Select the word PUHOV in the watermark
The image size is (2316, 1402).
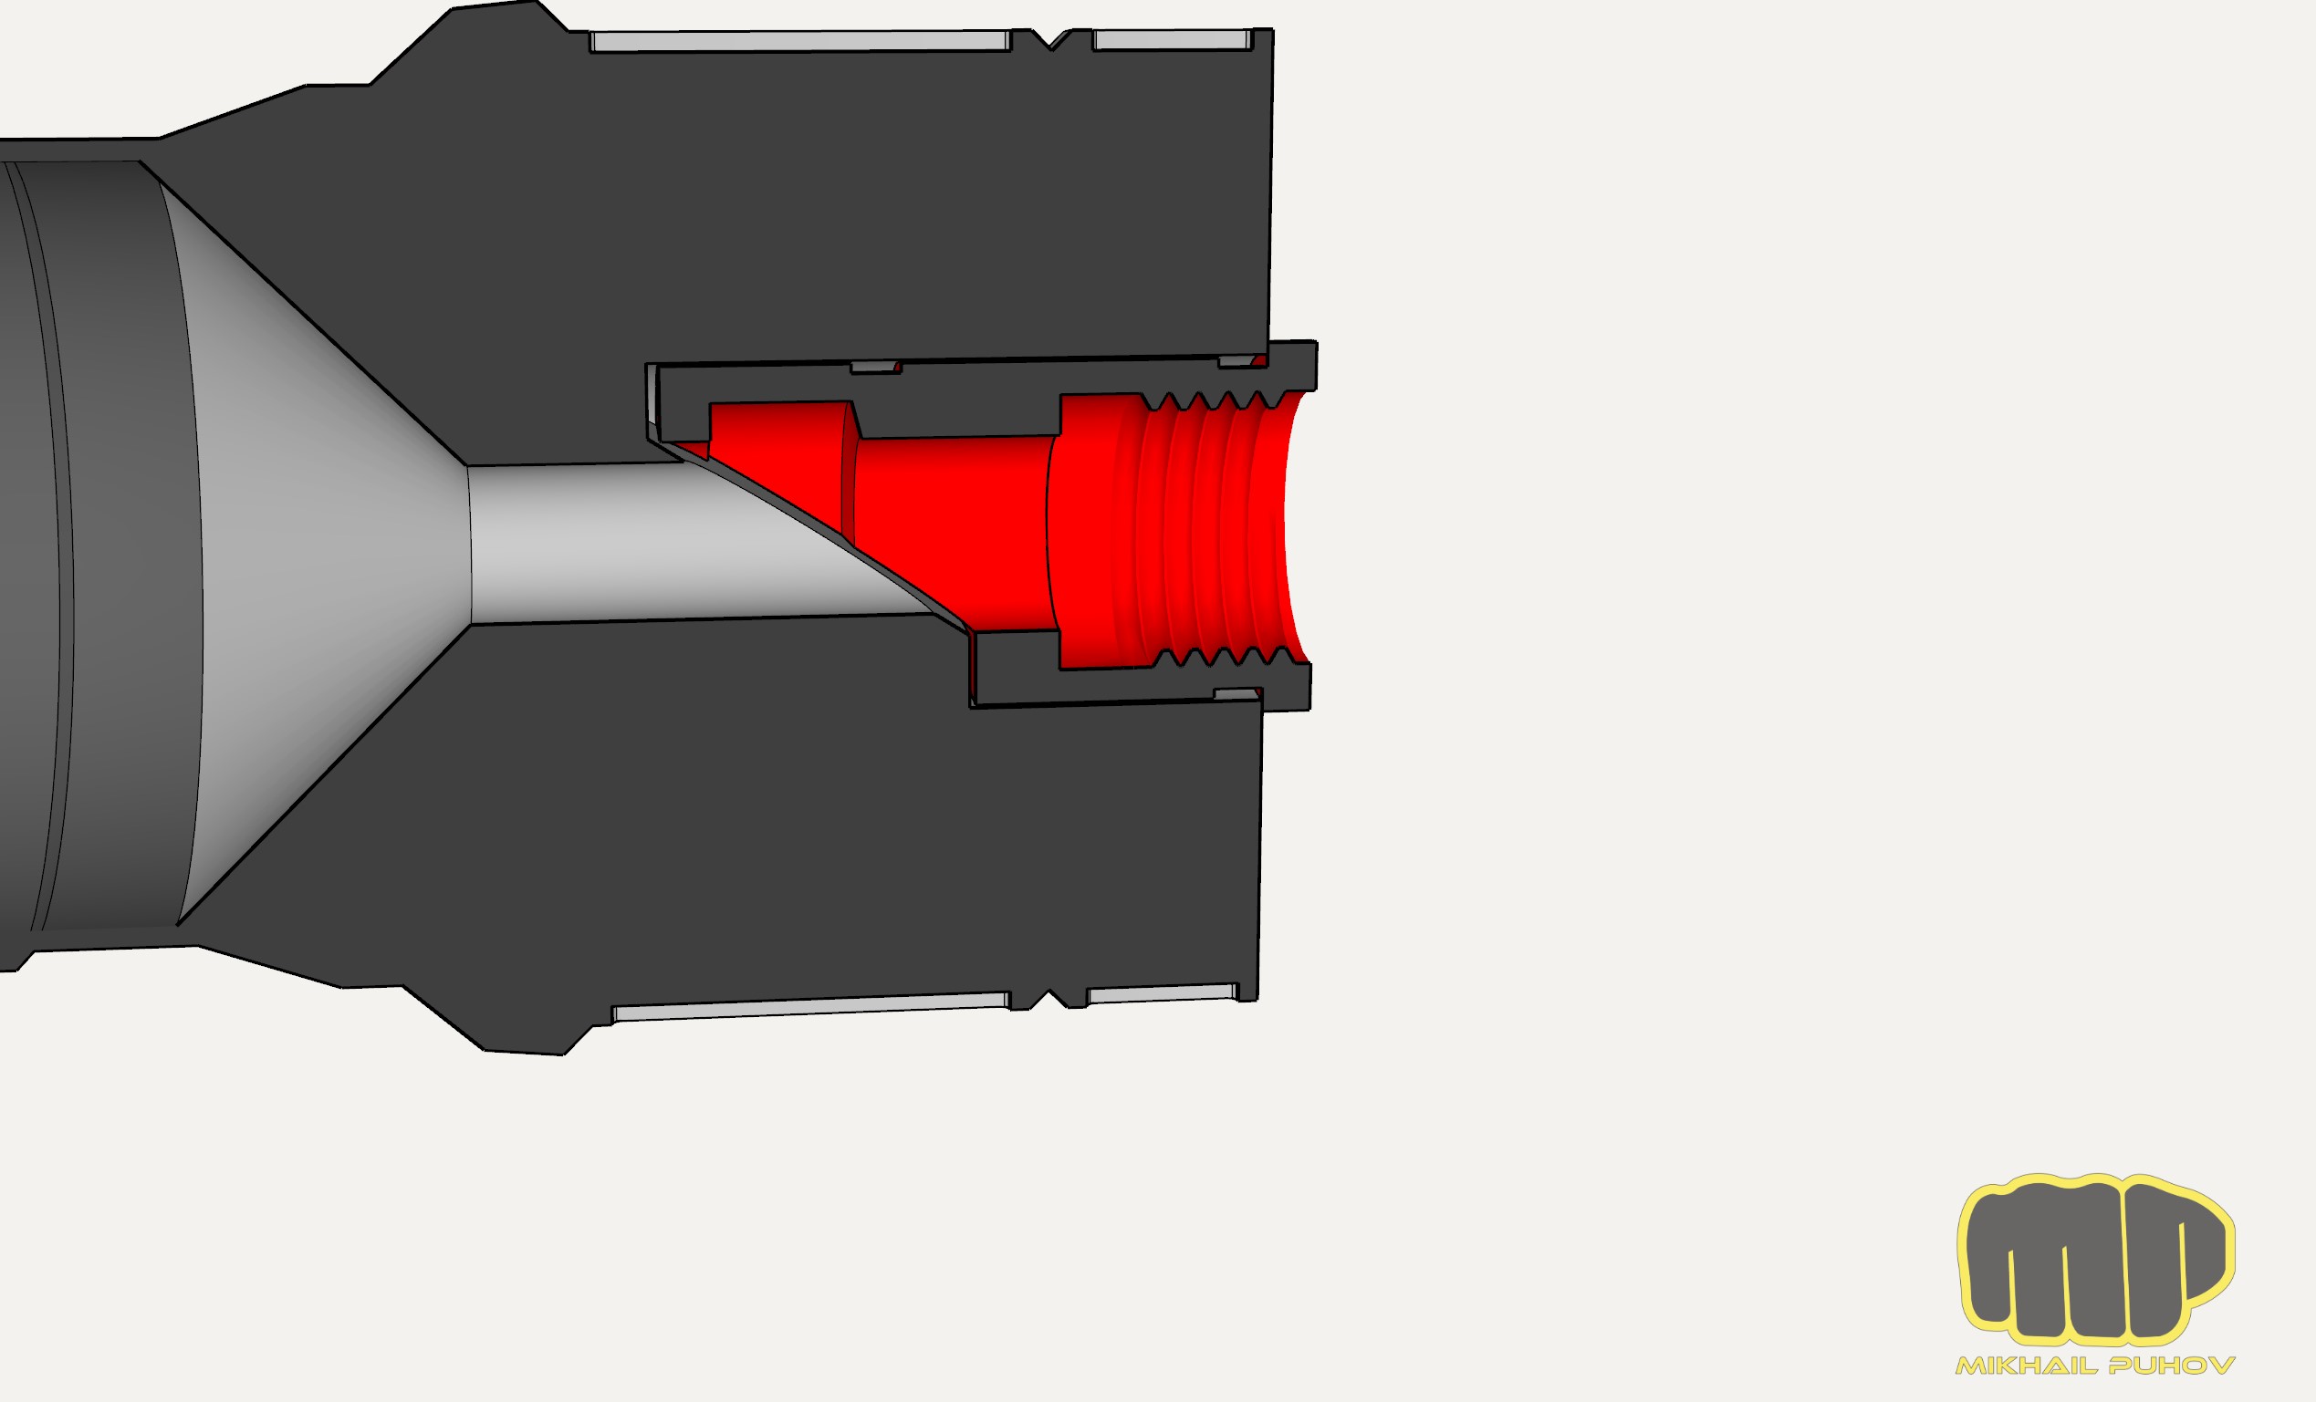coord(2172,1366)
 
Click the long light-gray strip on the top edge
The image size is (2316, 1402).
coord(800,41)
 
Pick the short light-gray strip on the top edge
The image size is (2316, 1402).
coord(1172,39)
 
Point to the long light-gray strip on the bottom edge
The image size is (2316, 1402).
coord(811,1006)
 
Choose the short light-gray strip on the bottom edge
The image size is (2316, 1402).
coord(1163,994)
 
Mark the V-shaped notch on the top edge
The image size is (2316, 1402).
coord(1052,39)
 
